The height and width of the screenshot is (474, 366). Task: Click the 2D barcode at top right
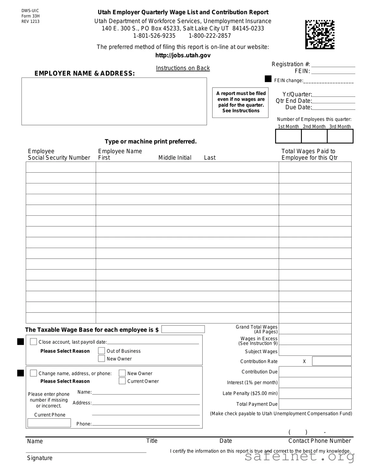point(319,35)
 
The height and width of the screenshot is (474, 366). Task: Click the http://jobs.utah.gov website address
point(183,55)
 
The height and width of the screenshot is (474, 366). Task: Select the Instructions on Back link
point(183,68)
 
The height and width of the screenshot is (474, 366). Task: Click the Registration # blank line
point(333,65)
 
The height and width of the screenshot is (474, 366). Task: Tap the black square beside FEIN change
point(268,79)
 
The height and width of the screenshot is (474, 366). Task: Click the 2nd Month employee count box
point(314,136)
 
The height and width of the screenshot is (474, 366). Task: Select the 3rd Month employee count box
point(340,136)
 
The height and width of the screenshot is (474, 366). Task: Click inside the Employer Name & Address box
point(114,101)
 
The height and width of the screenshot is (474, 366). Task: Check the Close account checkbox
point(34,341)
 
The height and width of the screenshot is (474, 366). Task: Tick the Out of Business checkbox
point(102,351)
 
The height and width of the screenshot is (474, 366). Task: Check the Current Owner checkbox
point(122,381)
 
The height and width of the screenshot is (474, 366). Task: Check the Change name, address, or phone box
point(34,373)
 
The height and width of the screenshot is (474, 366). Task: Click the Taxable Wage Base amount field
point(183,329)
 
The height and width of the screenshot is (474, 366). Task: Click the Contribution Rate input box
point(331,361)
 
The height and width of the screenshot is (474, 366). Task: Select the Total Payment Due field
point(315,404)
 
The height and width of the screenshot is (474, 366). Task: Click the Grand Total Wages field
point(315,329)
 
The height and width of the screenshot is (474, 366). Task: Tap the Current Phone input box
point(49,423)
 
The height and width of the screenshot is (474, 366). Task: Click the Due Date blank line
point(333,108)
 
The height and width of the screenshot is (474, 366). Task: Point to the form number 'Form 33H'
point(31,16)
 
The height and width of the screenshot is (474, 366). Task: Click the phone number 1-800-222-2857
point(210,36)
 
